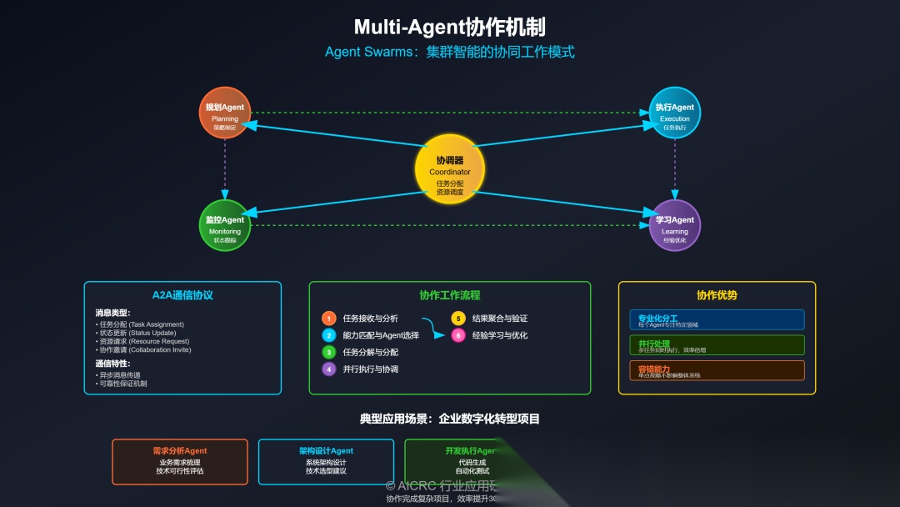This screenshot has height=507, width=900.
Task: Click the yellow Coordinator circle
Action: (450, 168)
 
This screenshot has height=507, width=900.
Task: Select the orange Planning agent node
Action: (225, 113)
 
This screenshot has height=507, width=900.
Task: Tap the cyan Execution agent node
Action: (675, 113)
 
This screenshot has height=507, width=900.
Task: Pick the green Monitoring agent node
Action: (225, 225)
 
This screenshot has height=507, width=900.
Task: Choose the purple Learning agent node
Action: (675, 225)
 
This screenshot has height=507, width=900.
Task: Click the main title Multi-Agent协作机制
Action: (450, 27)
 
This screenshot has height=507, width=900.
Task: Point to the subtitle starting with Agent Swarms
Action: (450, 52)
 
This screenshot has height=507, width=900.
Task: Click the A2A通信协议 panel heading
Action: (182, 295)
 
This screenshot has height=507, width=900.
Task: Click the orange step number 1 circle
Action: (329, 319)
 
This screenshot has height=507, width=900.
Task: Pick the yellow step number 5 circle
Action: (458, 319)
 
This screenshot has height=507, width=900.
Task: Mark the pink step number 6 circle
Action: (458, 335)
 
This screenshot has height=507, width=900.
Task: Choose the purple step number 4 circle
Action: (329, 369)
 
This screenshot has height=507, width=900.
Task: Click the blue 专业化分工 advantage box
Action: (717, 320)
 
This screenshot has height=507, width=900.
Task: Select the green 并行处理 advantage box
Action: (717, 345)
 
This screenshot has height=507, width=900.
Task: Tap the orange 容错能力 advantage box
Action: (717, 370)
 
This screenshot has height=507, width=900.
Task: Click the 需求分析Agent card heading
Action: (180, 451)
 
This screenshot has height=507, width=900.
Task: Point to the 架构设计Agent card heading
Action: (326, 451)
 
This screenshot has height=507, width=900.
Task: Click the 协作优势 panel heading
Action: (717, 295)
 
